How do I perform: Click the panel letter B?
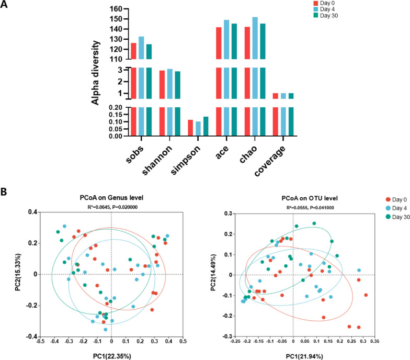tap(5, 177)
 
